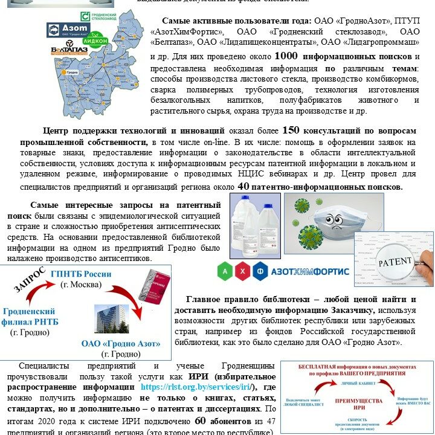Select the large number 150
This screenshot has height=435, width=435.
point(291,130)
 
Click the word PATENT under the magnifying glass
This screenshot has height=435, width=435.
point(394,264)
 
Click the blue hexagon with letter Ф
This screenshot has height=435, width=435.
point(260,271)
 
